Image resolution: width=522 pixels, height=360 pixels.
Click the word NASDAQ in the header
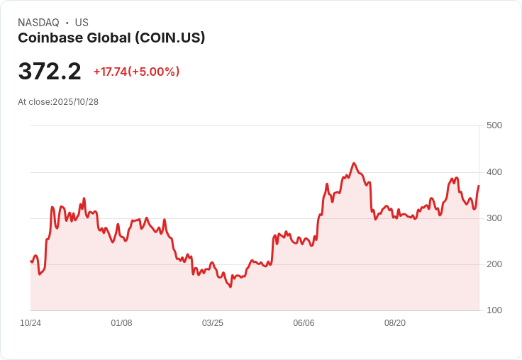coord(38,23)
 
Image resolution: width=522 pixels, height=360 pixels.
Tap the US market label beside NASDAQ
coord(82,23)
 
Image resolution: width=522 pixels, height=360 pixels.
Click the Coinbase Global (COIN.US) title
coord(111,38)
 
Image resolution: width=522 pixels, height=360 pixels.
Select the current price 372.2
coord(50,71)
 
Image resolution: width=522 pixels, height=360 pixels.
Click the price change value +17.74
coord(109,72)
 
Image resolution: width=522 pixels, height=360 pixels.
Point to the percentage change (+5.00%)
coord(154,72)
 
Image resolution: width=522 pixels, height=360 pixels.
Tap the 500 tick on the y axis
coord(494,125)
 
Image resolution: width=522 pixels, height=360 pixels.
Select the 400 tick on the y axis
coord(494,172)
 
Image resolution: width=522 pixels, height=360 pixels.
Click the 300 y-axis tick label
coord(494,218)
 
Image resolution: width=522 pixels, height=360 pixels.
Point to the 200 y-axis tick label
coord(494,264)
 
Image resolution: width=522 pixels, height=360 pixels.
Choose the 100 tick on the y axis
coord(494,310)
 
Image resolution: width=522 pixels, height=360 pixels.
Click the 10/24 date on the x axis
coord(30,323)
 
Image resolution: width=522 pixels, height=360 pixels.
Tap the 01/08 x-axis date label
coord(121,323)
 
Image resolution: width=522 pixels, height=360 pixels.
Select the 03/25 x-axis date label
coord(213,323)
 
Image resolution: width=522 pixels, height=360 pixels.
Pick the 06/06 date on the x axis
coord(304,323)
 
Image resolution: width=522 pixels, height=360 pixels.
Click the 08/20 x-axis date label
coord(395,323)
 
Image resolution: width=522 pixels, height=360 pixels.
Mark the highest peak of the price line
coord(354,163)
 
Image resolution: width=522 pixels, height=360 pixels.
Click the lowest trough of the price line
coord(231,286)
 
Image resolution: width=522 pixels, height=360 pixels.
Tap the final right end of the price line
coord(479,186)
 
